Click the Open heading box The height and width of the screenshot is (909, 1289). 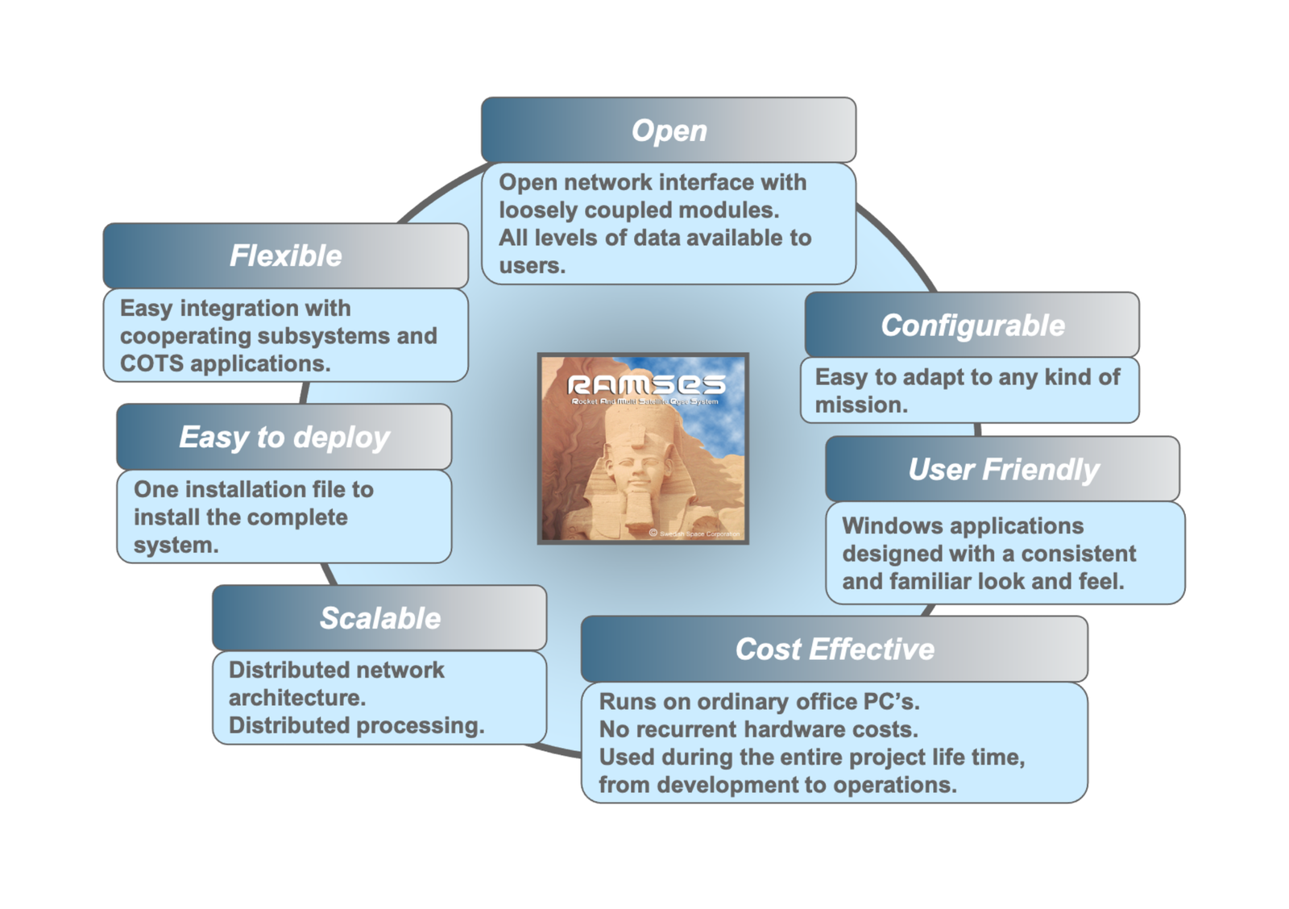[x=669, y=131]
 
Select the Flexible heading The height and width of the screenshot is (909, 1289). [x=285, y=255]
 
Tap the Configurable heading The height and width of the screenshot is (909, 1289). [x=972, y=326]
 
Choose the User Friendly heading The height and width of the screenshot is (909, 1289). [x=1002, y=469]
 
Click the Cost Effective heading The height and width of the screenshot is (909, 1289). [x=834, y=650]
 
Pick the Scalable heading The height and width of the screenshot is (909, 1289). [x=379, y=618]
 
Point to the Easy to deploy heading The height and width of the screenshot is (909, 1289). [x=284, y=437]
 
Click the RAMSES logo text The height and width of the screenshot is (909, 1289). [x=646, y=384]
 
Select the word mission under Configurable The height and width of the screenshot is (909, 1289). [x=860, y=405]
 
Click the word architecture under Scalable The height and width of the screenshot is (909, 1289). [x=296, y=698]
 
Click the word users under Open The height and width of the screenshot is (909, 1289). [x=530, y=266]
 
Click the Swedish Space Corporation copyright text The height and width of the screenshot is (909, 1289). [x=698, y=533]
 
